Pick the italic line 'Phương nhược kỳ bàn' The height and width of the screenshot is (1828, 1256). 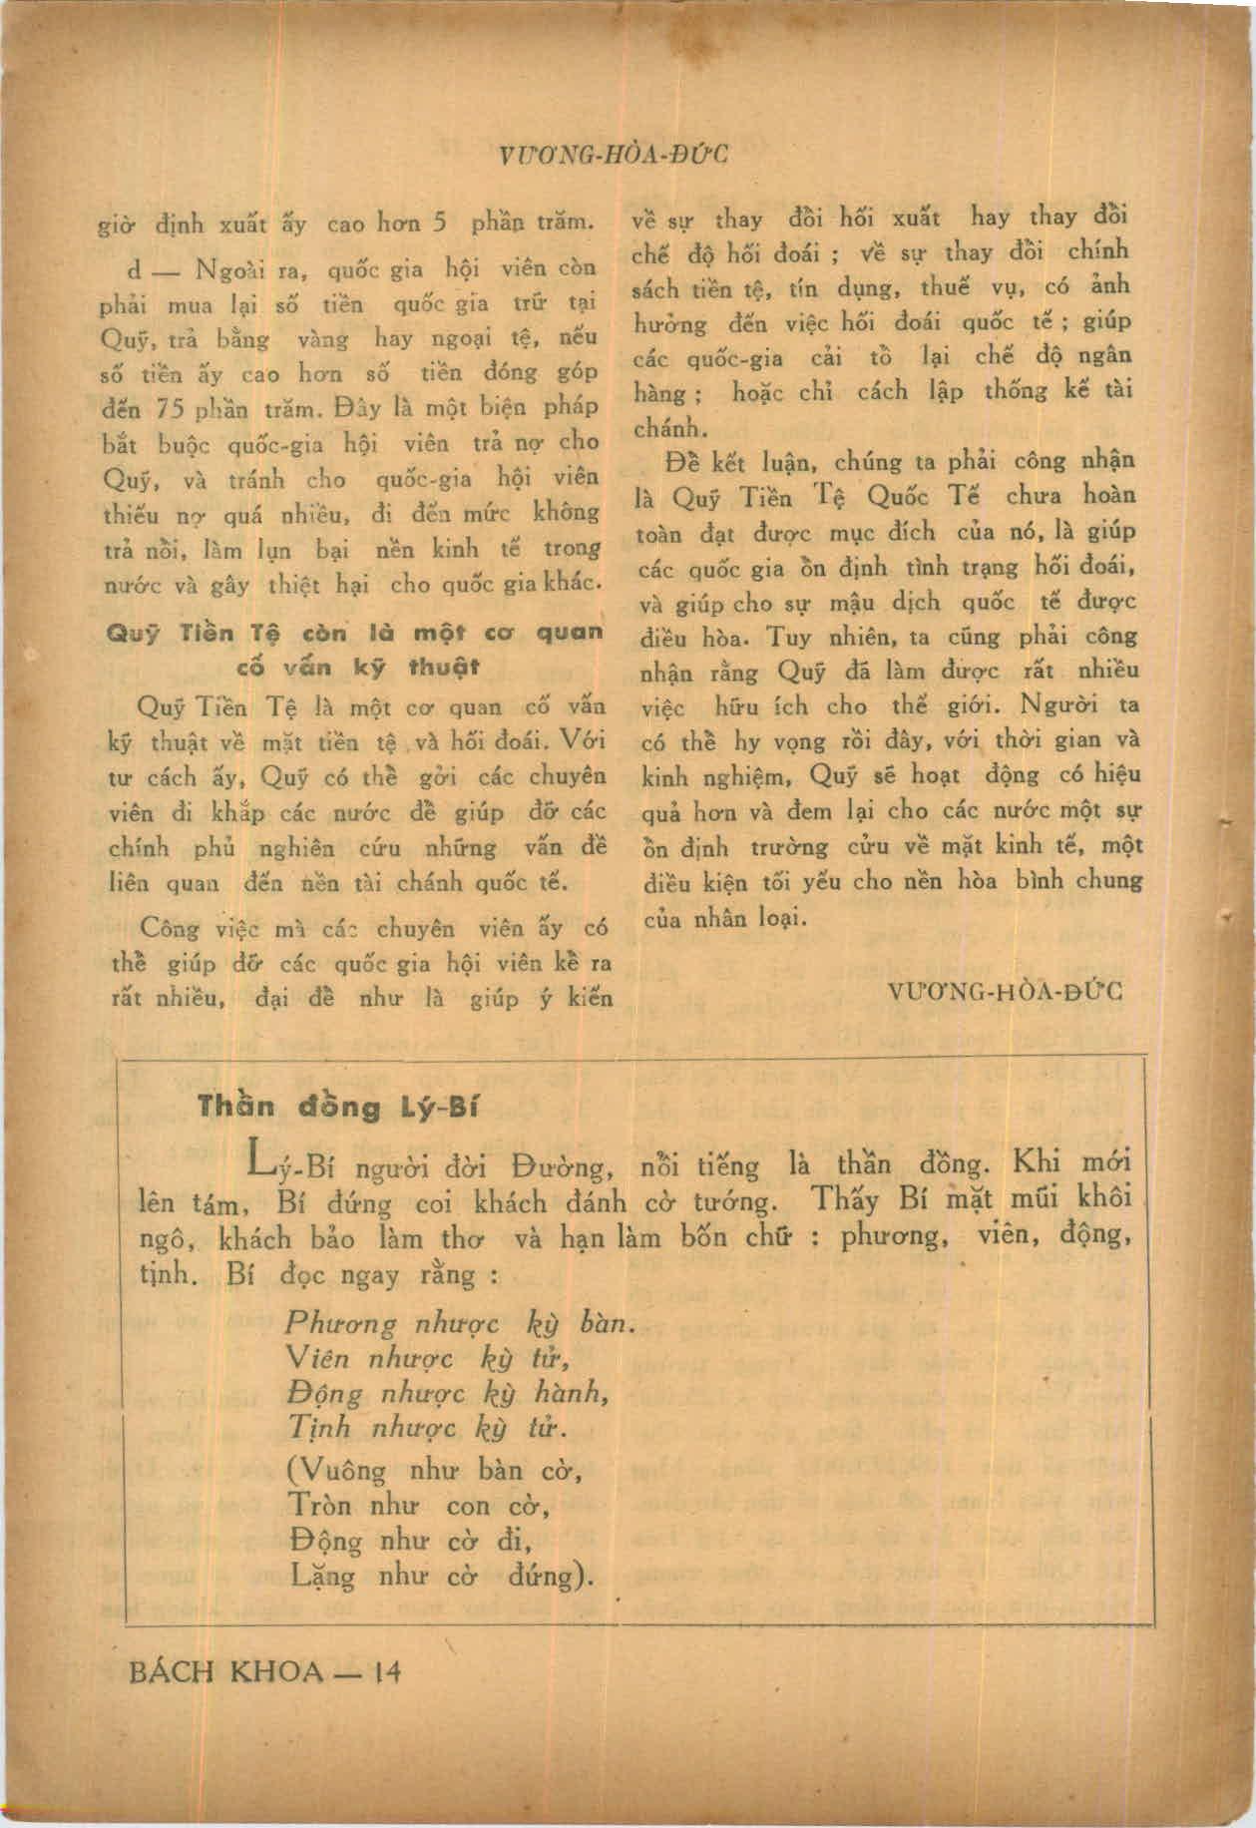[x=459, y=1324]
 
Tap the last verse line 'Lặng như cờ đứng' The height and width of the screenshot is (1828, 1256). [x=439, y=1576]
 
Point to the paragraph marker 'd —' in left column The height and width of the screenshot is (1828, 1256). [x=148, y=271]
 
